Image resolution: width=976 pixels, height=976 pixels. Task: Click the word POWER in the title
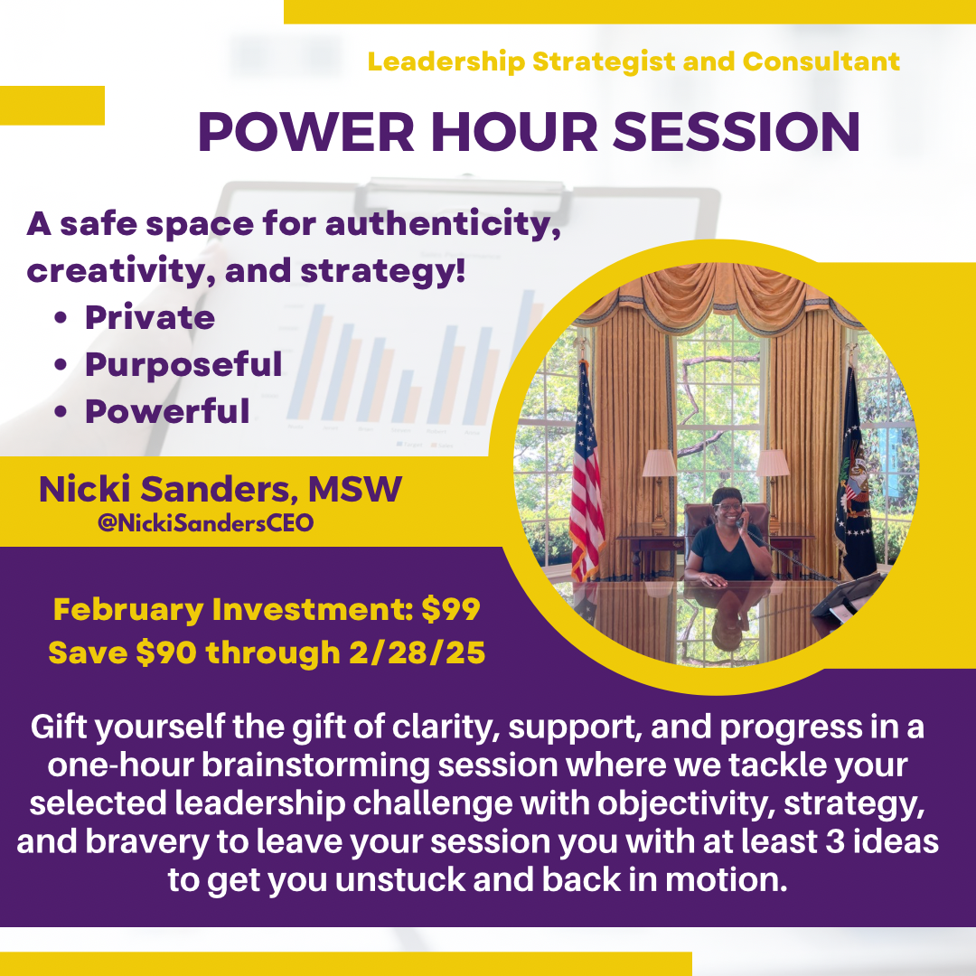[306, 132]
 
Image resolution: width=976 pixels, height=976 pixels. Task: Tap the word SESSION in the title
[737, 132]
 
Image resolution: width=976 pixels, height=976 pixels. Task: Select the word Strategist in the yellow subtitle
[603, 62]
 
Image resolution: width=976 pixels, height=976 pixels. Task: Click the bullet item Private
[150, 318]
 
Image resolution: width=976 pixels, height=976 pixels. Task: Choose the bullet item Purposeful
[183, 365]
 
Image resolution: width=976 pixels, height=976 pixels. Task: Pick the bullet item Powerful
[167, 411]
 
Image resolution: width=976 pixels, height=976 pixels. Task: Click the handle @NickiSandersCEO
[205, 523]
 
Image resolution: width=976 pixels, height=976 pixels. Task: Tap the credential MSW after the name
[355, 489]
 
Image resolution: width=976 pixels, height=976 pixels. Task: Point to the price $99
[451, 609]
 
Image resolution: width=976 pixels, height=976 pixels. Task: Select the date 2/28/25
[417, 653]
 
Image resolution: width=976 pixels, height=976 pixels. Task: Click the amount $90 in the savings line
[166, 653]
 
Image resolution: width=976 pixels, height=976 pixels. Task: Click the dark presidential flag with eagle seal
[855, 473]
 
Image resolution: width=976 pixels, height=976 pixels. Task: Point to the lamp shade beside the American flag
[659, 463]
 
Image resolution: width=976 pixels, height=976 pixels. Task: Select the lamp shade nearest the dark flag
[773, 463]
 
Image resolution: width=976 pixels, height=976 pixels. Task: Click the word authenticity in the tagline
[443, 225]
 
